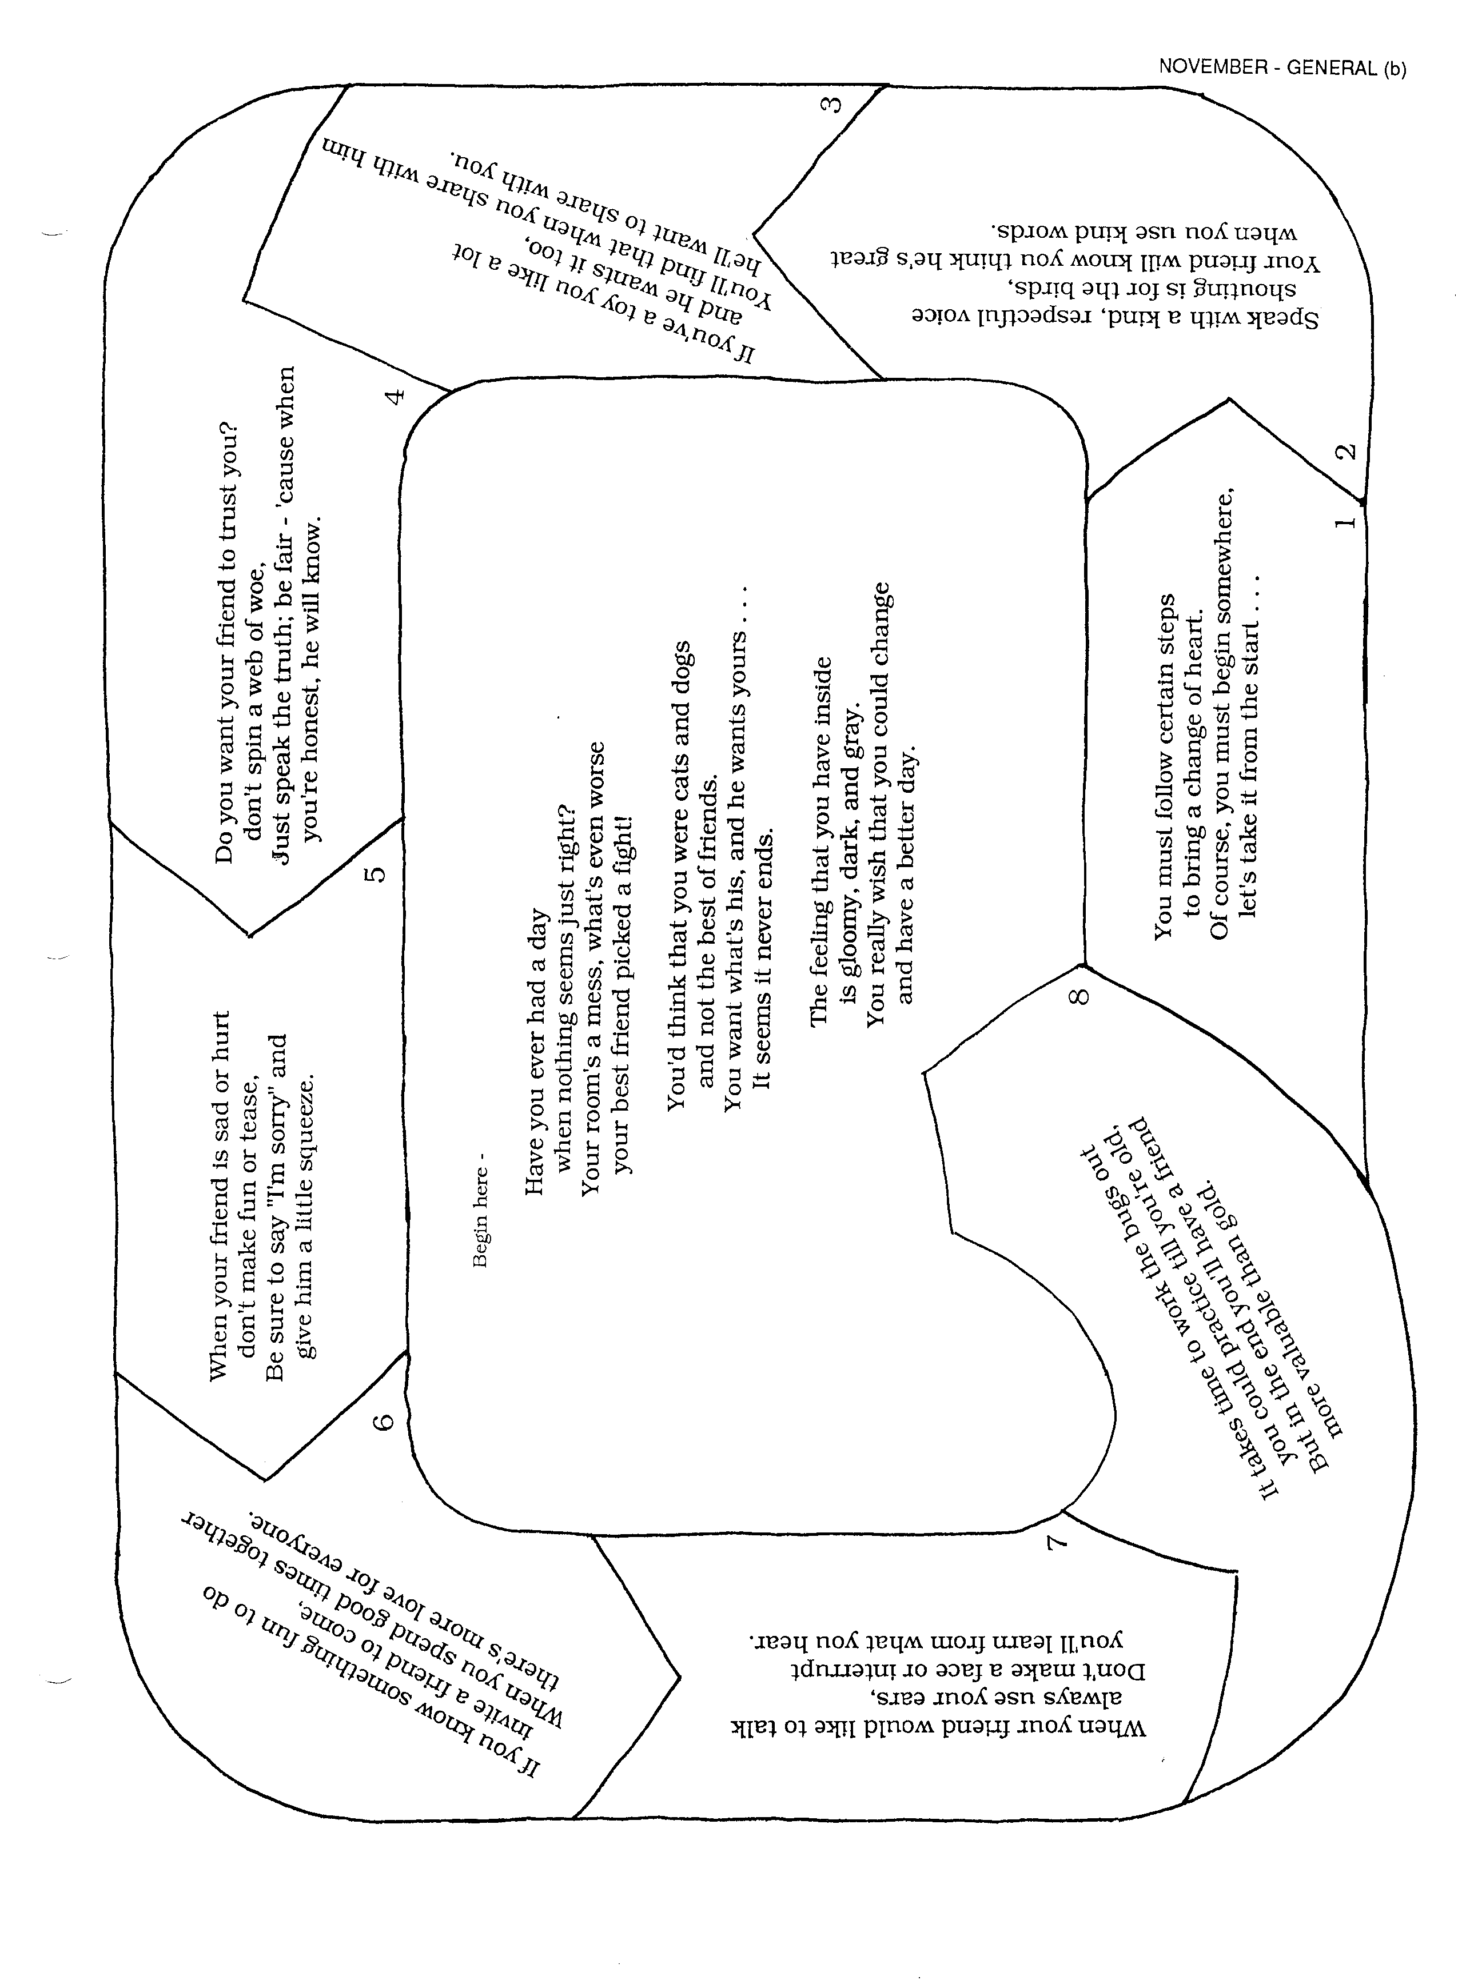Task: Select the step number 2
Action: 1345,451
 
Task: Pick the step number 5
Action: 375,873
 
